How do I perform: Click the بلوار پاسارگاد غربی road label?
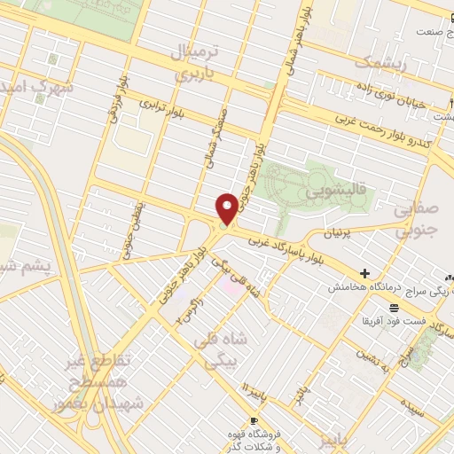click(291, 252)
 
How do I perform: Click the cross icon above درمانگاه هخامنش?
click(364, 274)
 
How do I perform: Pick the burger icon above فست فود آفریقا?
click(393, 307)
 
